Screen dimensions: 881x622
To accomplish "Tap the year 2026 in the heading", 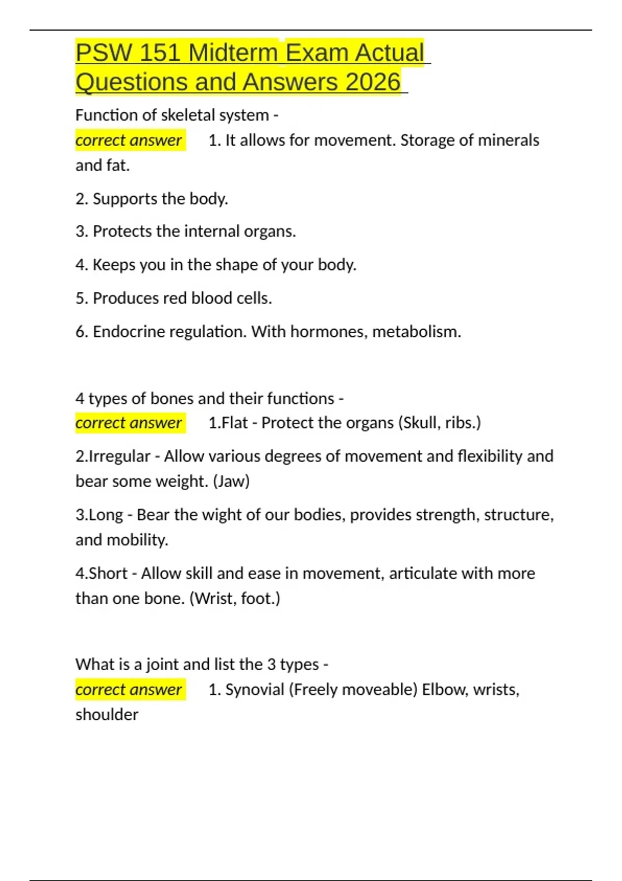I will tap(373, 82).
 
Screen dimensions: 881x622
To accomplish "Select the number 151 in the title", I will tap(160, 53).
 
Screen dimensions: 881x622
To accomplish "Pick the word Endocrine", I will tap(129, 332).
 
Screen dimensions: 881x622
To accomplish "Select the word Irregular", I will tap(120, 457).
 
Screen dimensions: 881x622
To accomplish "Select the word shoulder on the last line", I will tap(107, 715).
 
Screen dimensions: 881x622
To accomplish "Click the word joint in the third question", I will tap(162, 664).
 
